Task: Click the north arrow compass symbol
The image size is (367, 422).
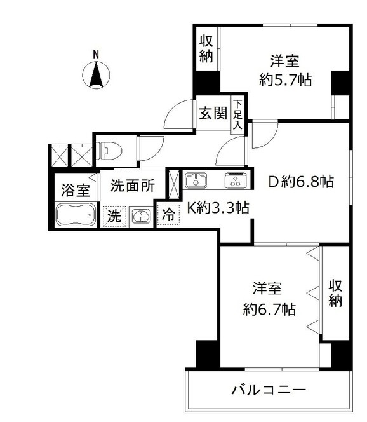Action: (x=97, y=75)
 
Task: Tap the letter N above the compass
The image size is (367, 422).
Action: (x=97, y=55)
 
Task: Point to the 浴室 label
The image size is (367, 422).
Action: (x=74, y=189)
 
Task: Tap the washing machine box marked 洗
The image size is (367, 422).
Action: (x=113, y=216)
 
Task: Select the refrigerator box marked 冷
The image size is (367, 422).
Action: (x=169, y=215)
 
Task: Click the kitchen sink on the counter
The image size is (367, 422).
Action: (x=196, y=181)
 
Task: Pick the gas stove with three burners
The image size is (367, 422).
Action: (x=234, y=181)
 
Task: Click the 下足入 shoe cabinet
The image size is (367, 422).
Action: (x=237, y=115)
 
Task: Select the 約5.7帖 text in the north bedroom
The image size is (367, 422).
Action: (x=285, y=80)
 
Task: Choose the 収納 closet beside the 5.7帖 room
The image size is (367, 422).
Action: (x=207, y=50)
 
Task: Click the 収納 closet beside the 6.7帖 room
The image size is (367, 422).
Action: (x=335, y=294)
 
